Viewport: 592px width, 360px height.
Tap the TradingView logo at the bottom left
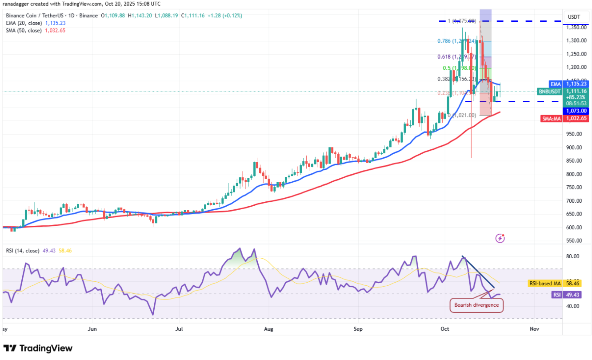click(38, 348)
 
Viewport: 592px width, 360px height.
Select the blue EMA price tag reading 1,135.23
click(576, 84)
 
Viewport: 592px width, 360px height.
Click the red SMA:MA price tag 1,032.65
click(576, 118)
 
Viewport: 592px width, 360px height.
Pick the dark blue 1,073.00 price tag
click(576, 111)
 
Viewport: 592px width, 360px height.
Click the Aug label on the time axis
click(268, 329)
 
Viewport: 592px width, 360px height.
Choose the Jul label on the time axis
click(179, 329)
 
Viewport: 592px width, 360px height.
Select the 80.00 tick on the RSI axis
click(573, 256)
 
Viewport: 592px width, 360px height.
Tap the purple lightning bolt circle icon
click(500, 239)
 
